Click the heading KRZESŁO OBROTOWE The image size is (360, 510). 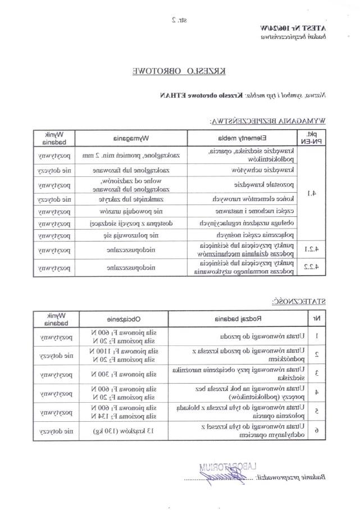tap(179, 71)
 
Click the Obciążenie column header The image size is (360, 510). tap(134, 319)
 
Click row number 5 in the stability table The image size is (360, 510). tap(317, 412)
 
